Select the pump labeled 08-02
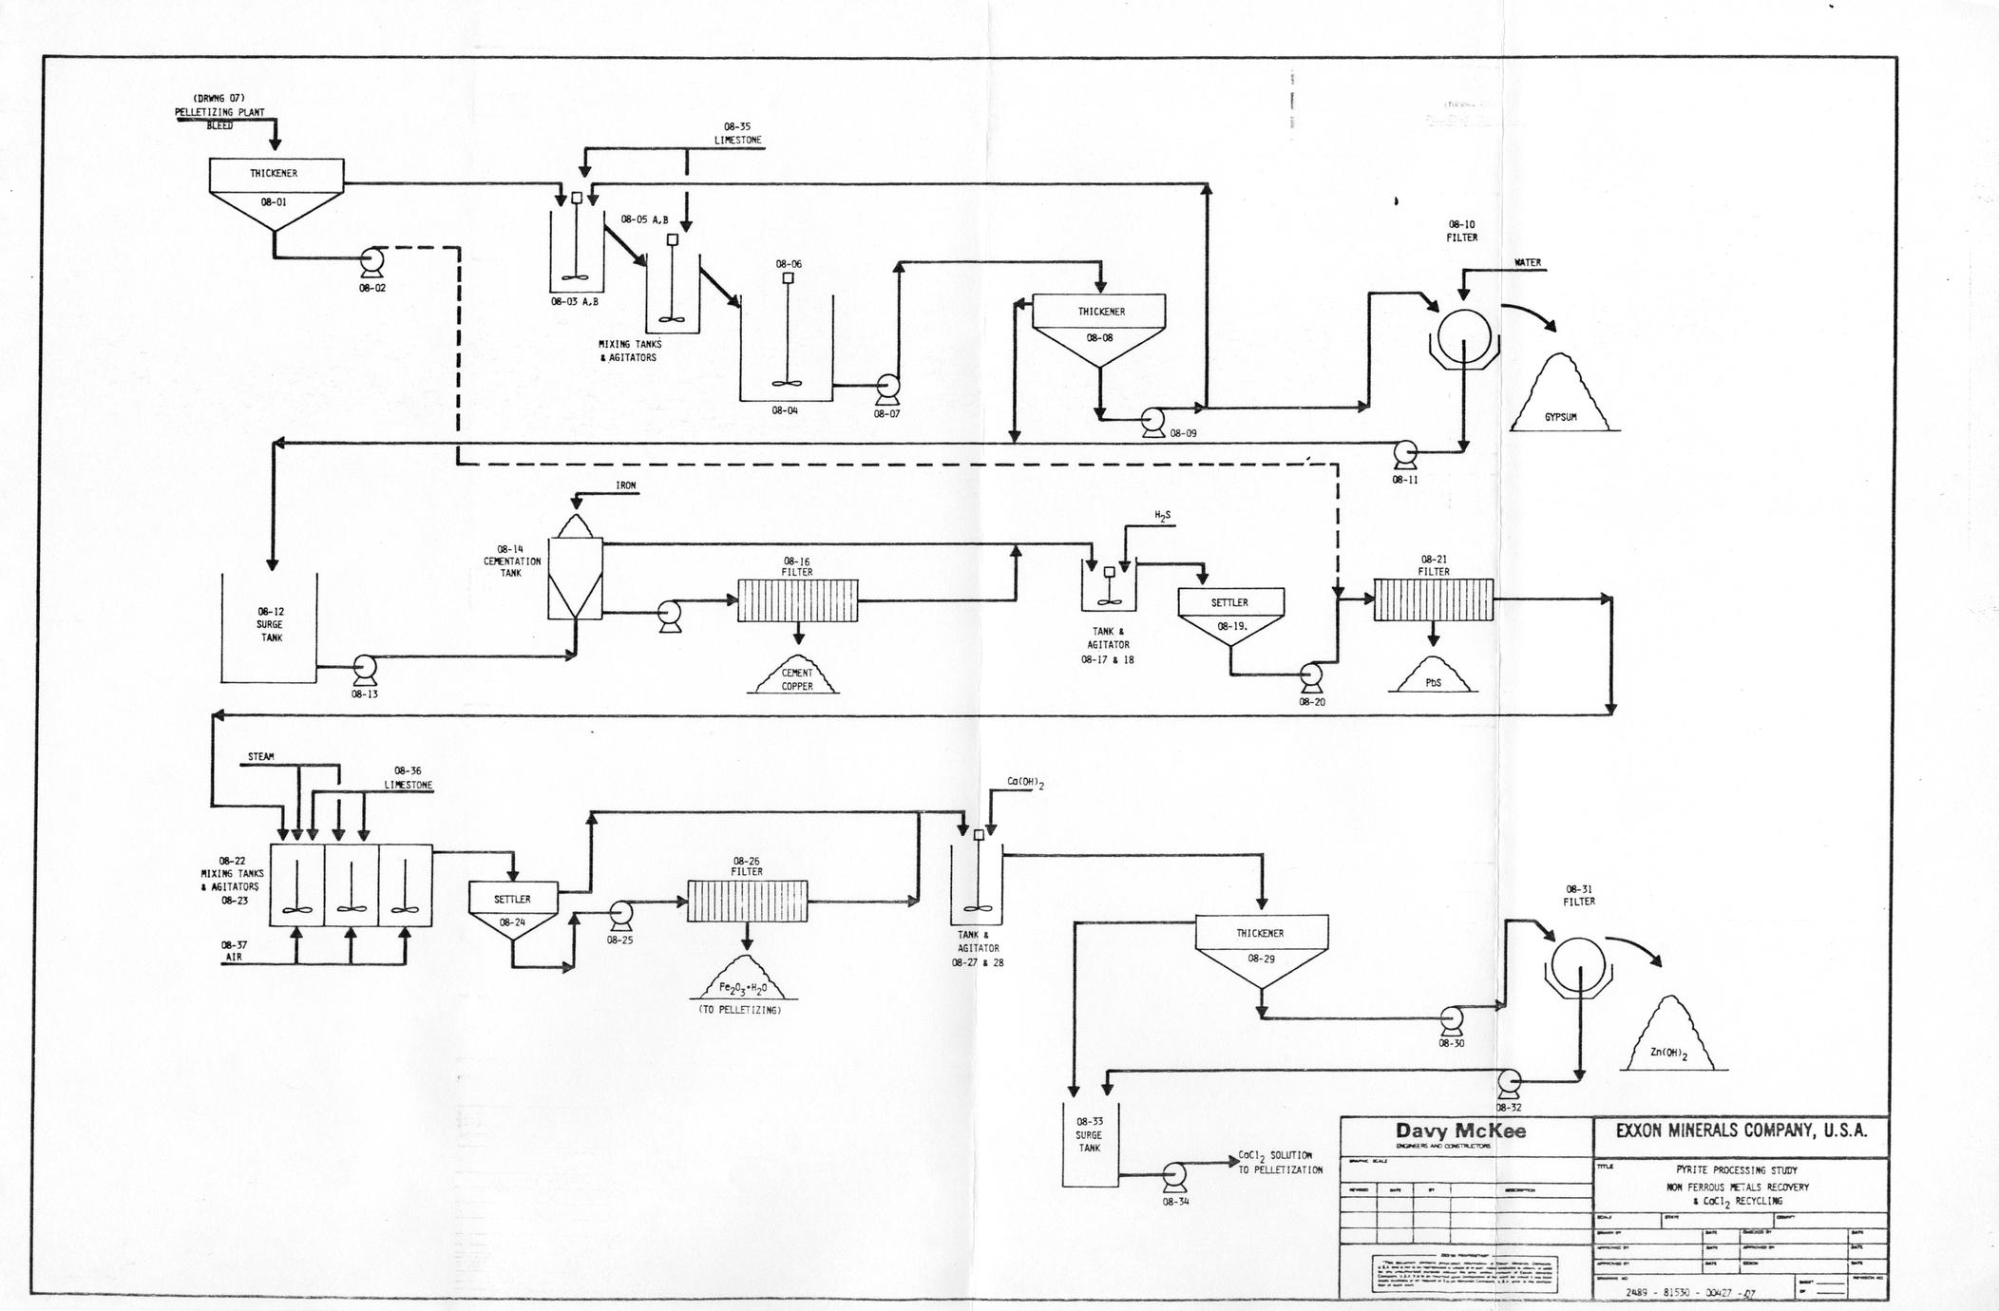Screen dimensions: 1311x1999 click(370, 260)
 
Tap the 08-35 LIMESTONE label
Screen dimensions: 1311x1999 click(737, 134)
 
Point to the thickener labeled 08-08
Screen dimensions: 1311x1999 click(1099, 328)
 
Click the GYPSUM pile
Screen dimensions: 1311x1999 click(1560, 399)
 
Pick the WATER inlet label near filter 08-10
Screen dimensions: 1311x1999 click(1528, 263)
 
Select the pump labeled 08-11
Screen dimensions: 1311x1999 click(1404, 453)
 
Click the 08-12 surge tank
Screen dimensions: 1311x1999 click(269, 627)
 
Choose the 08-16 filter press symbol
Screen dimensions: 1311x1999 click(797, 600)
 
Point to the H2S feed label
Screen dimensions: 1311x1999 click(1163, 516)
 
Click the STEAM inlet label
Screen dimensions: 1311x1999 click(261, 757)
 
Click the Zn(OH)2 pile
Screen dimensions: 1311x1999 click(1668, 1040)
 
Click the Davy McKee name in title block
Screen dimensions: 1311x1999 click(1460, 1131)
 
